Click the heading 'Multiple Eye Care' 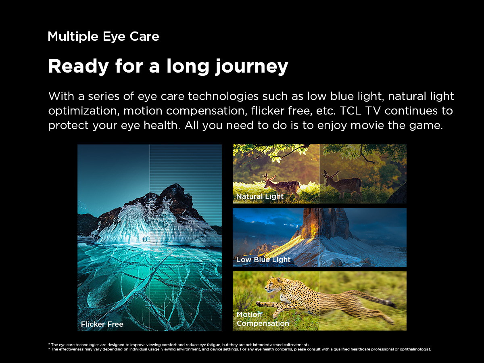click(x=103, y=36)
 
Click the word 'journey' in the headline click(x=252, y=67)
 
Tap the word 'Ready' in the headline click(x=79, y=66)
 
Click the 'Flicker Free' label click(x=102, y=324)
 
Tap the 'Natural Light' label click(x=260, y=196)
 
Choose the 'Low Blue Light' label click(x=263, y=260)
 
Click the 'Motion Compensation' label click(x=263, y=319)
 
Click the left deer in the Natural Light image click(x=281, y=186)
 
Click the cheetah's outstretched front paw click(x=260, y=304)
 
